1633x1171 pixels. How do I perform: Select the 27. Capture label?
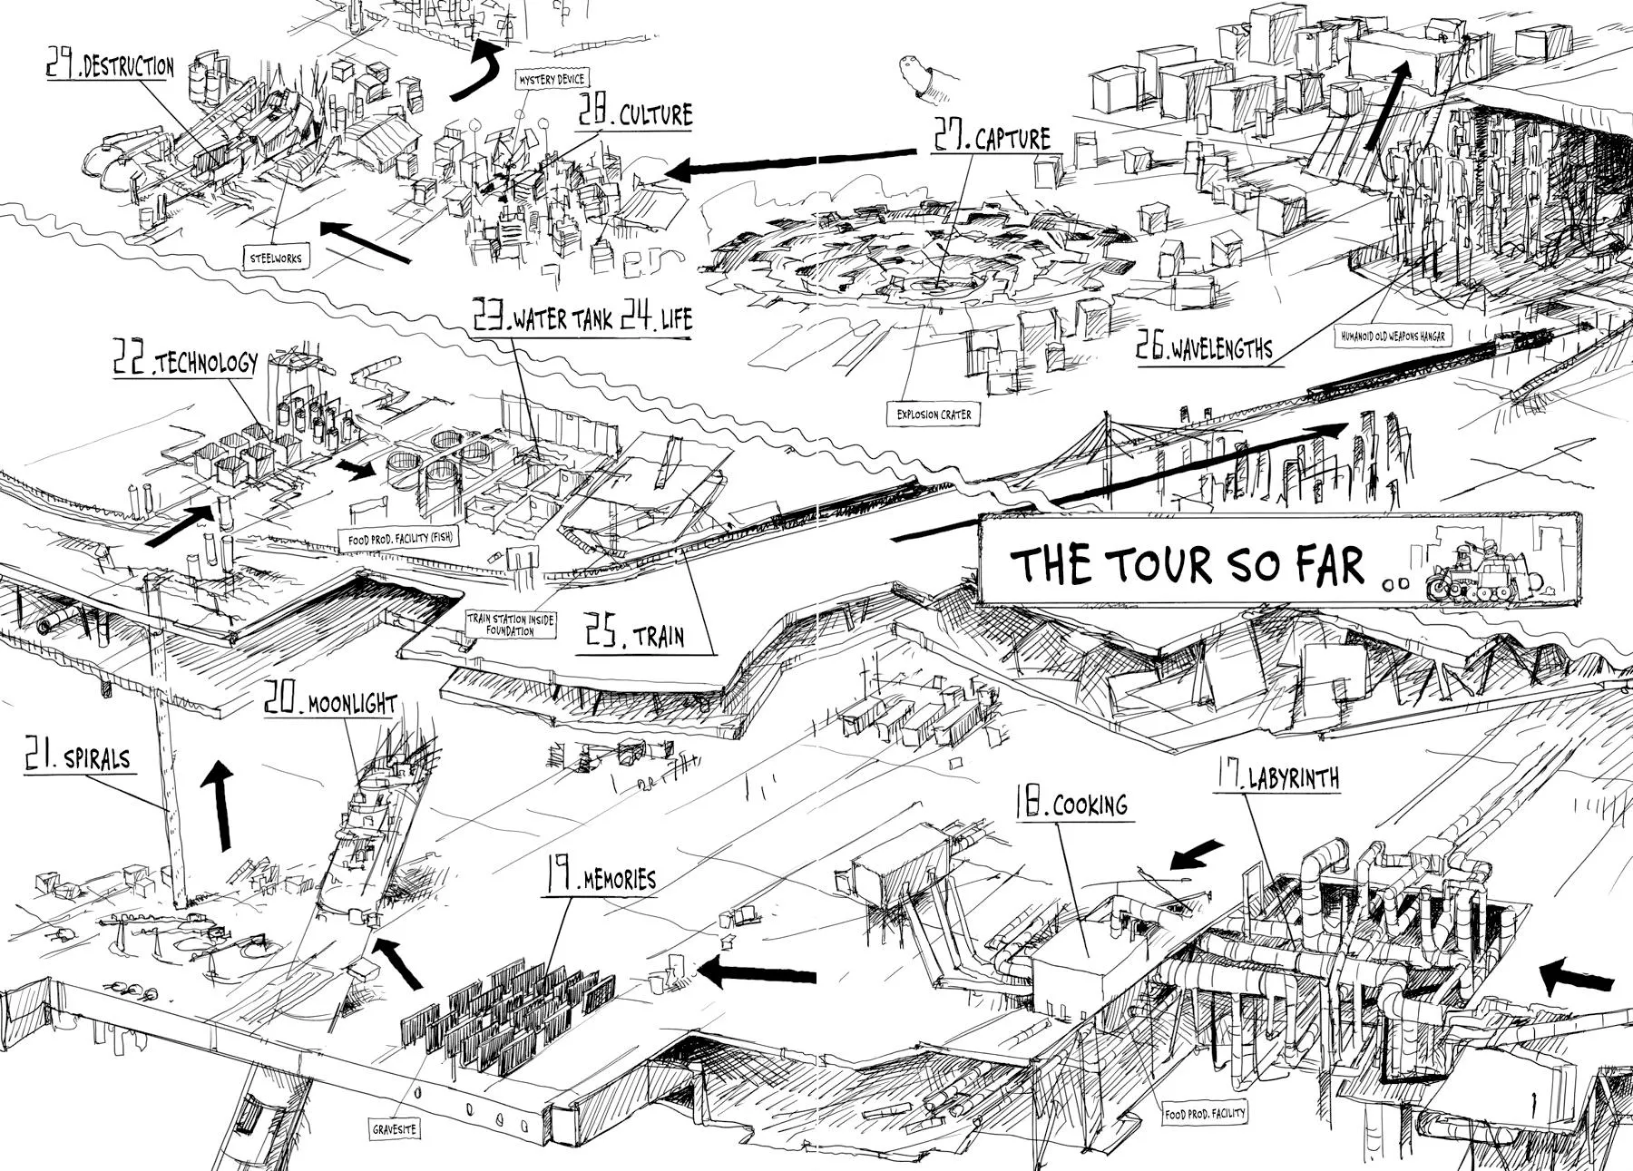point(992,137)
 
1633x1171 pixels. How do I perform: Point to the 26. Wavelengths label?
point(1204,348)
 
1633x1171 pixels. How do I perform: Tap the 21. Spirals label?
point(78,757)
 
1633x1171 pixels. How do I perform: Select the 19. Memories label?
point(599,877)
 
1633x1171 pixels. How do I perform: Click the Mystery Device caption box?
point(552,80)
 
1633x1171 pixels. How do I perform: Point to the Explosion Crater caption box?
point(934,415)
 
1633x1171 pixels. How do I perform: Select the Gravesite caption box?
point(396,1130)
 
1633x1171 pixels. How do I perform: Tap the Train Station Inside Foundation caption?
point(511,624)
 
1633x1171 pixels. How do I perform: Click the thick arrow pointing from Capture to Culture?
point(789,161)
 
